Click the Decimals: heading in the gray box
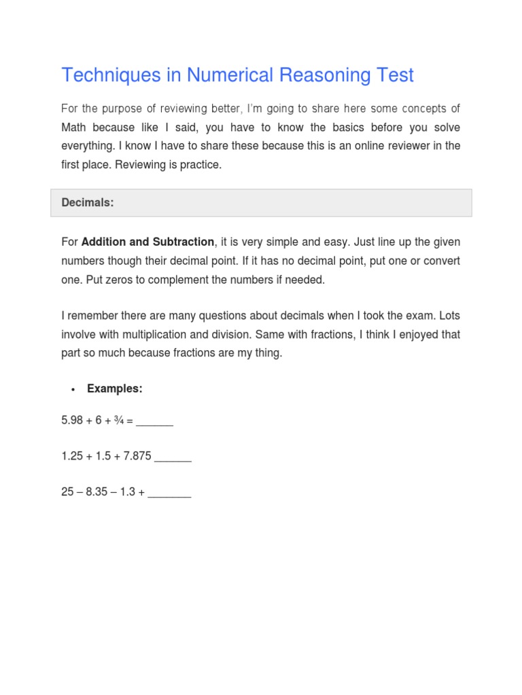click(87, 203)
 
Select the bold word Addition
click(107, 242)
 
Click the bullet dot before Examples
click(73, 390)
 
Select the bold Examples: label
click(114, 389)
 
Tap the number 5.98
click(72, 421)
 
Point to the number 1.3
click(128, 492)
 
